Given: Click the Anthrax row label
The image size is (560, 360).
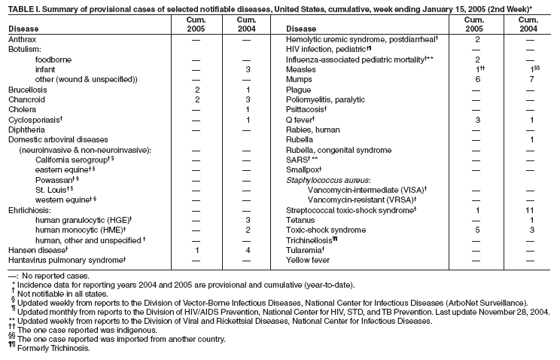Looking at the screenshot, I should click(22, 38).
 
